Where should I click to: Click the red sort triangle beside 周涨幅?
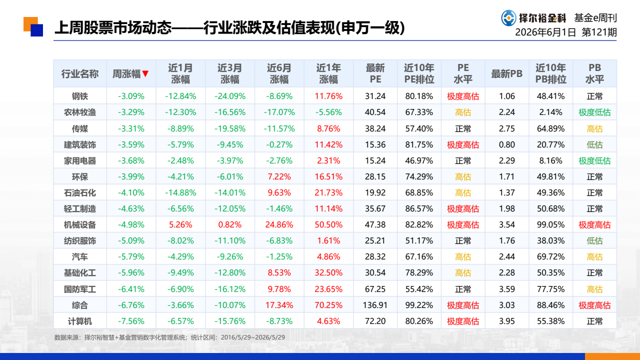coord(145,73)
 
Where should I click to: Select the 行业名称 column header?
coord(79,73)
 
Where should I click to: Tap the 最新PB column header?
coord(506,73)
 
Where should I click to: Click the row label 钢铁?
coord(79,96)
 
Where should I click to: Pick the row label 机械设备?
coord(79,225)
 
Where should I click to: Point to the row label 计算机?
coord(79,321)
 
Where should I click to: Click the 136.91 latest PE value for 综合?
coord(375,305)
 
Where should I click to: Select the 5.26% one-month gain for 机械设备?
coord(180,225)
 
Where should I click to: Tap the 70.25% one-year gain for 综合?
coord(328,305)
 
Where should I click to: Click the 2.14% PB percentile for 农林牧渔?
coord(550,112)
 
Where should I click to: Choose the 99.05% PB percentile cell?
coord(550,225)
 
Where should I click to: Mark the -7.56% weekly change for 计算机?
coord(131,321)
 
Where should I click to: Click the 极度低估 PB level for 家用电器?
coord(594,161)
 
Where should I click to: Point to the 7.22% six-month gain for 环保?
coord(279,177)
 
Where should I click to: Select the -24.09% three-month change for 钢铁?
coord(230,96)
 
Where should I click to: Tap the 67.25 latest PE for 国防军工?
coord(375,289)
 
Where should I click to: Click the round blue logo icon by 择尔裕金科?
coord(508,18)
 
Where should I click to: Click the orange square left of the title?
coord(30,24)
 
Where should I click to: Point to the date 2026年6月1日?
coord(545,32)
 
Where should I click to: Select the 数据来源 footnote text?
coord(169,337)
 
